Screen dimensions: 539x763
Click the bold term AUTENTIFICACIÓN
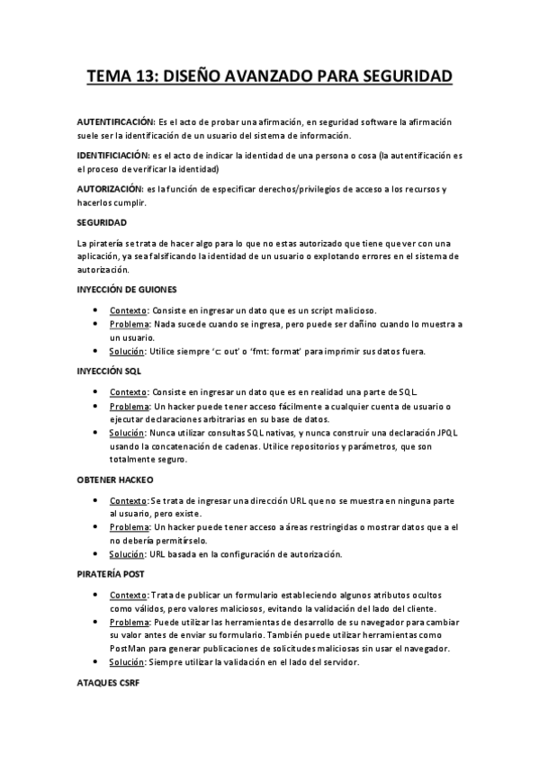pos(116,121)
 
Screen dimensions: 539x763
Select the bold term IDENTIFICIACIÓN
pos(113,156)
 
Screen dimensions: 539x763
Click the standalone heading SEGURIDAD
pos(102,222)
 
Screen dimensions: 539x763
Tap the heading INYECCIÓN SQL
pos(107,371)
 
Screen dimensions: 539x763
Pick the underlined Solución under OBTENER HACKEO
pos(128,554)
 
